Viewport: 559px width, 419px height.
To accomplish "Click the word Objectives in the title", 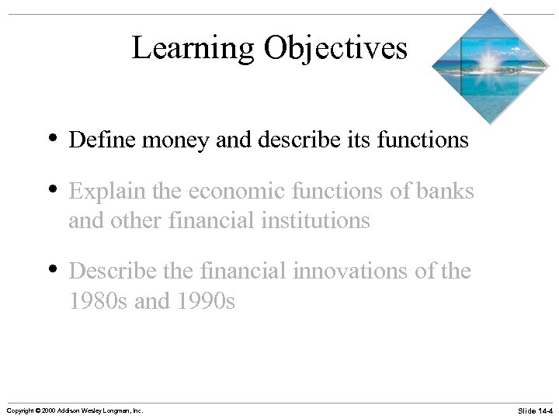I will (335, 48).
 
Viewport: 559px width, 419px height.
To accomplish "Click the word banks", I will (445, 192).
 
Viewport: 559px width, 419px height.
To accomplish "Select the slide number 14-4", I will (542, 410).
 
